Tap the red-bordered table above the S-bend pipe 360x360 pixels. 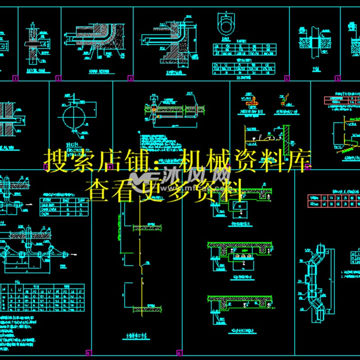(333, 200)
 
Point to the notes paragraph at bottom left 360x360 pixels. (20, 333)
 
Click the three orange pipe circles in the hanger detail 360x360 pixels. (240, 257)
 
